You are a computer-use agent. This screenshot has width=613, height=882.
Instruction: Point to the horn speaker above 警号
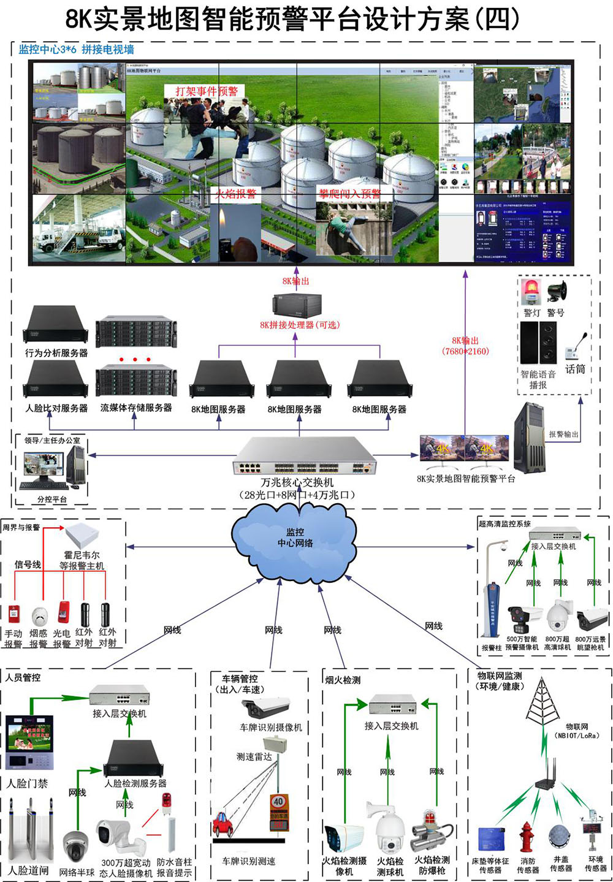(557, 292)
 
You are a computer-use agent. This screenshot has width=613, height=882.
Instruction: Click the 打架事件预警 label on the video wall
(206, 91)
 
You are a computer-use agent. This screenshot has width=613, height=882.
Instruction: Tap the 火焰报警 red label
(235, 195)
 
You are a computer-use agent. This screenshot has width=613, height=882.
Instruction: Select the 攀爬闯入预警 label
(349, 194)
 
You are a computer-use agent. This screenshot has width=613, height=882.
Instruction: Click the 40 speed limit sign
(279, 802)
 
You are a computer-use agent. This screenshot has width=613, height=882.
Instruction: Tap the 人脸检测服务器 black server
(134, 759)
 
